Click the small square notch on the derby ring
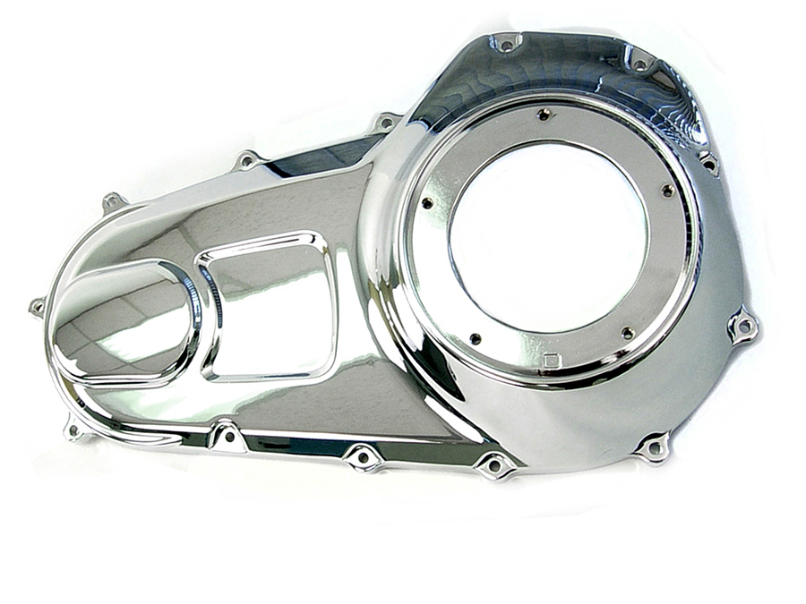552,361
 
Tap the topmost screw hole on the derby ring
543,115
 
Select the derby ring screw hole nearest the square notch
628,333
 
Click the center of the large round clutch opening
548,237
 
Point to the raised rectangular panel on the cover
267,304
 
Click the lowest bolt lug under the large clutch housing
653,446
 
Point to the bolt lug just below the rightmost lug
653,446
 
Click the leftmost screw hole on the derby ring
426,203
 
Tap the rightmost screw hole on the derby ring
667,190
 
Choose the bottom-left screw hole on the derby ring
475,339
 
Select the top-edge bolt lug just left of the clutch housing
386,121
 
